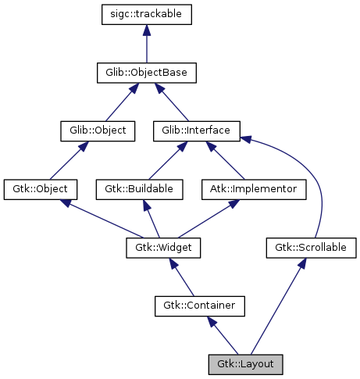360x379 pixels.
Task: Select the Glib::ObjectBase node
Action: pos(147,73)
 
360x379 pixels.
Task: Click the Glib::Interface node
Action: pos(197,131)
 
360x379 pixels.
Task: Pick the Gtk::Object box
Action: pos(40,188)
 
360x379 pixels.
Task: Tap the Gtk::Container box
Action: pos(200,306)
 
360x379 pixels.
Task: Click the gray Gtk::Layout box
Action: pos(244,363)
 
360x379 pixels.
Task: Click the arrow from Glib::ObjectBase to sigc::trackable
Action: pos(147,44)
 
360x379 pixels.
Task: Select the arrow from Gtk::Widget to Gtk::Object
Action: pos(102,218)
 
